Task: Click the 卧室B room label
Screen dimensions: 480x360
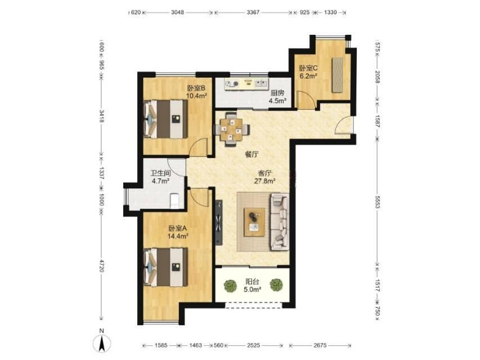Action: [196, 88]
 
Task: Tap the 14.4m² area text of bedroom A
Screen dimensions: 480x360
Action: [178, 236]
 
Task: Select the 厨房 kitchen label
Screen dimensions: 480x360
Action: [277, 93]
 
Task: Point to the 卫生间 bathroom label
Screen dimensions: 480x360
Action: [161, 173]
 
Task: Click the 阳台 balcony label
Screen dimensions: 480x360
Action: [252, 282]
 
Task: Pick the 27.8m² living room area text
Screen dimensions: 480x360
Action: [265, 181]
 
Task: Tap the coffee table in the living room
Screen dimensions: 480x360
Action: [254, 222]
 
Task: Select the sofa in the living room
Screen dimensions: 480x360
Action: [279, 222]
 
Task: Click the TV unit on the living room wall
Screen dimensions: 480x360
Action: [218, 223]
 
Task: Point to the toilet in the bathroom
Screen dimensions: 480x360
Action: [174, 200]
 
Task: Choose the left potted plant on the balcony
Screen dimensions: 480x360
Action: [230, 286]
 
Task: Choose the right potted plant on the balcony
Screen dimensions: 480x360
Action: [276, 285]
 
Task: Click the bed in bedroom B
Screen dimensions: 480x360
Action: [165, 119]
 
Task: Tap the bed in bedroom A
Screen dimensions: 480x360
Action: [165, 267]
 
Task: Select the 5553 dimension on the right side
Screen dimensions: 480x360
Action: [377, 202]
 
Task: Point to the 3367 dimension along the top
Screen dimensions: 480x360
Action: [253, 12]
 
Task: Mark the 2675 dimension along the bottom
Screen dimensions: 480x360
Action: [320, 345]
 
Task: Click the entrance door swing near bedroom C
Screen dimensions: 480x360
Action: [343, 125]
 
